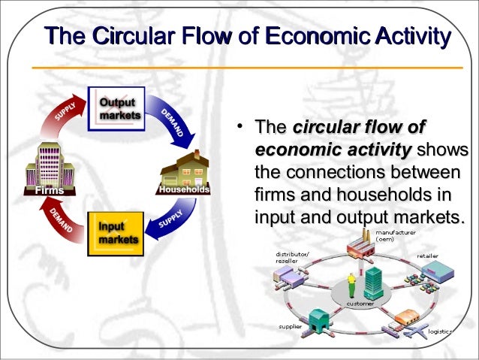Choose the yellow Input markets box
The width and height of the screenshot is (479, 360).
[x=115, y=233]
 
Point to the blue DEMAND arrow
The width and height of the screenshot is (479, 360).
[x=173, y=123]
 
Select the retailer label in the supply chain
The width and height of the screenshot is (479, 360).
[x=427, y=256]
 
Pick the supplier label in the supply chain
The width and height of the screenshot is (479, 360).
[x=291, y=327]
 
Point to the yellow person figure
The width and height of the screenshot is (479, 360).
[x=350, y=286]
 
